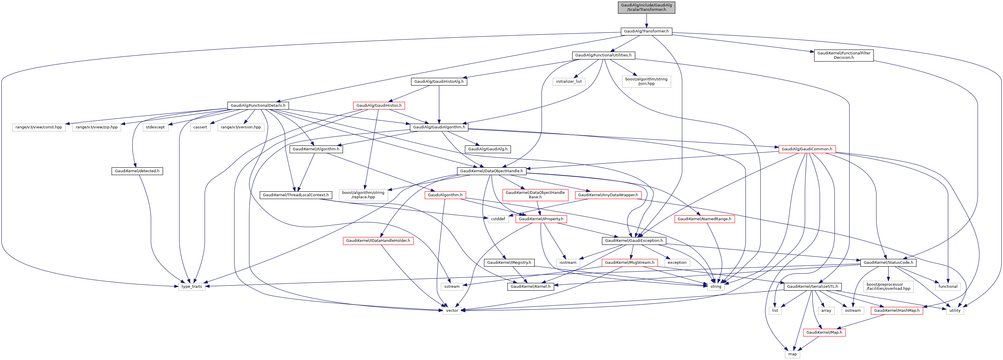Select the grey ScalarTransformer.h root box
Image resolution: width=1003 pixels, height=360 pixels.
pyautogui.click(x=646, y=7)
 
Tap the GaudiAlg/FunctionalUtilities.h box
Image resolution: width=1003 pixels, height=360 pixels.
pyautogui.click(x=603, y=55)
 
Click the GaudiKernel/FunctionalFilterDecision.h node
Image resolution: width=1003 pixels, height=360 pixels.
pyautogui.click(x=843, y=55)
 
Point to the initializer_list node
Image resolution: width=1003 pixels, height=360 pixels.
pyautogui.click(x=568, y=81)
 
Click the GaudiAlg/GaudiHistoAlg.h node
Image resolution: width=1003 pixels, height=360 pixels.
pyautogui.click(x=439, y=81)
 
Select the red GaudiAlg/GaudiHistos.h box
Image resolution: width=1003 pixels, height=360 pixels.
pyautogui.click(x=379, y=106)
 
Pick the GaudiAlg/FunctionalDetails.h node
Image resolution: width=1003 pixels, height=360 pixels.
pyautogui.click(x=258, y=106)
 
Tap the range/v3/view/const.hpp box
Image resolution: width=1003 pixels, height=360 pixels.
pyautogui.click(x=39, y=127)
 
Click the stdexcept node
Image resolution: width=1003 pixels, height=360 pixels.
pyautogui.click(x=155, y=127)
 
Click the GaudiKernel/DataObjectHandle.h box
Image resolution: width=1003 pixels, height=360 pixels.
pyautogui.click(x=491, y=171)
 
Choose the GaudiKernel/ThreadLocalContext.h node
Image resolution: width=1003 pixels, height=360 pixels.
pyautogui.click(x=295, y=195)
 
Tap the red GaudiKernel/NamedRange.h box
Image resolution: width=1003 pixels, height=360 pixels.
pyautogui.click(x=704, y=219)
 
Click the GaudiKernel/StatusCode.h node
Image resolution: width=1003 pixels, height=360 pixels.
pyautogui.click(x=888, y=263)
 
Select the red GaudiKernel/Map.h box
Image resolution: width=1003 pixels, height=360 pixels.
pyautogui.click(x=824, y=333)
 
